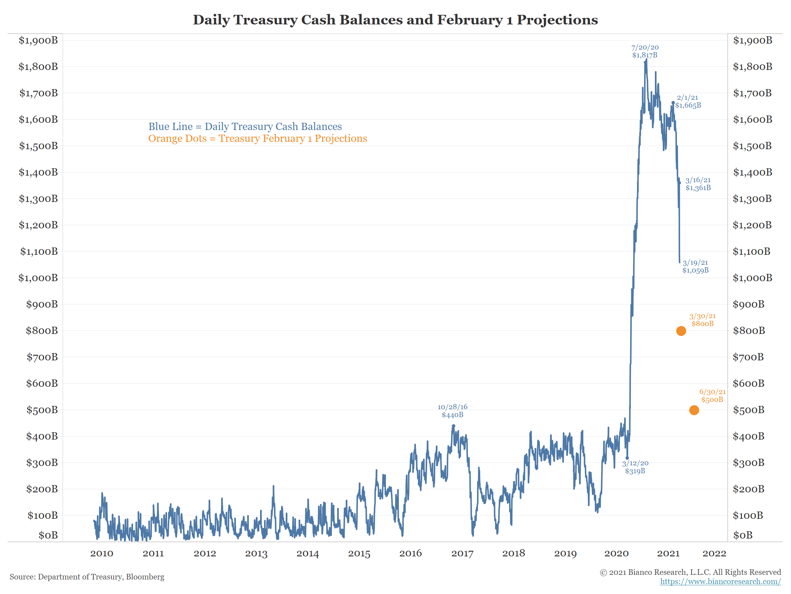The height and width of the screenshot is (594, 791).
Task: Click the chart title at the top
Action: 395,20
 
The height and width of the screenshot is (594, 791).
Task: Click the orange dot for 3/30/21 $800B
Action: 681,331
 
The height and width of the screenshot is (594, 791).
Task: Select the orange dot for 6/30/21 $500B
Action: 694,410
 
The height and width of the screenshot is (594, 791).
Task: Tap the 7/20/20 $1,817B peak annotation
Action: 645,51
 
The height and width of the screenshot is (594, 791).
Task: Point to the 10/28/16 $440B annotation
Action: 453,411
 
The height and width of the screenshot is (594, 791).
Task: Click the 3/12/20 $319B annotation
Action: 635,467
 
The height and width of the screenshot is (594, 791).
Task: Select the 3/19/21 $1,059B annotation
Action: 695,266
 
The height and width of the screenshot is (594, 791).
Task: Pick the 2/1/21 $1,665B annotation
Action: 688,101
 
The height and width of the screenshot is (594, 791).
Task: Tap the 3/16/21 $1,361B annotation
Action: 698,184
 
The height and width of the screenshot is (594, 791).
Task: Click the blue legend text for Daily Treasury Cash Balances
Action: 245,126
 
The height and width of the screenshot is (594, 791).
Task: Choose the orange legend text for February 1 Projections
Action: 257,139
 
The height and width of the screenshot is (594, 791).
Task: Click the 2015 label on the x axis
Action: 359,553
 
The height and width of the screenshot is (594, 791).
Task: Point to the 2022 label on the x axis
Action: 714,553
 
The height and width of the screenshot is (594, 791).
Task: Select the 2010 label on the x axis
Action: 102,553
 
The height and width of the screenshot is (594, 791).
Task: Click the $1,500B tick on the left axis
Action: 38,146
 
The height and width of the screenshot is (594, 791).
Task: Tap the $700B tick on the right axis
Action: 748,357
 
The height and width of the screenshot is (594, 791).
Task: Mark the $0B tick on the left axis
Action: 48,535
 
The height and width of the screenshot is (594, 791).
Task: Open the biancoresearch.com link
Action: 720,581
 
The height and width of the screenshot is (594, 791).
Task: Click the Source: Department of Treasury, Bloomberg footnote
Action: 87,577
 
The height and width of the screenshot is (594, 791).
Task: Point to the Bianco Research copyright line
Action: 690,572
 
